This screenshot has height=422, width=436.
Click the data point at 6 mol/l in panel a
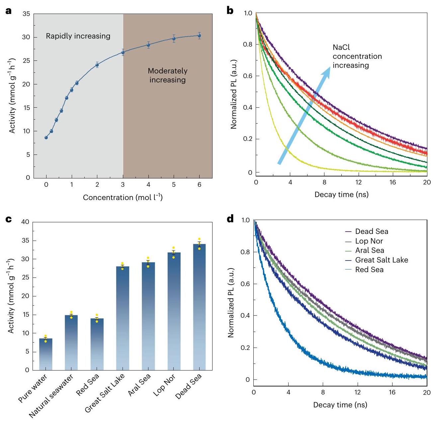(199, 36)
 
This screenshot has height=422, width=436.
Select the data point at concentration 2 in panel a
(97, 65)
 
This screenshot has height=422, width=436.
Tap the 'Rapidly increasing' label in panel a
(78, 36)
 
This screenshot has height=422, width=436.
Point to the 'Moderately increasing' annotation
(167, 75)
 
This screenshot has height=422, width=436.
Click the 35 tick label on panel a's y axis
(26, 14)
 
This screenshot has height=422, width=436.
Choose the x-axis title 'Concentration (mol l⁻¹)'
(123, 197)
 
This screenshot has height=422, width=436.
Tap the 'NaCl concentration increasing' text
(357, 56)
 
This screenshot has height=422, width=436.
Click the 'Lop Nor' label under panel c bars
(164, 385)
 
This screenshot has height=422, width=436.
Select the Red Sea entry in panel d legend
(369, 270)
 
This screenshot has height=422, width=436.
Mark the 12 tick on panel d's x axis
(358, 392)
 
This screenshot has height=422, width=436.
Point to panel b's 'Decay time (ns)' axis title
(341, 194)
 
